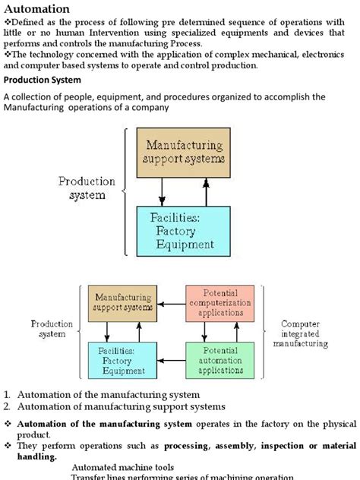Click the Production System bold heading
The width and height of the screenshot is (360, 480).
[x=43, y=81]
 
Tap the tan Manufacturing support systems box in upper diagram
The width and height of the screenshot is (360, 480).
[x=186, y=152]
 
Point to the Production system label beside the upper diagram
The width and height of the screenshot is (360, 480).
[x=87, y=188]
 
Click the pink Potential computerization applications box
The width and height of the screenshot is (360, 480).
[x=221, y=302]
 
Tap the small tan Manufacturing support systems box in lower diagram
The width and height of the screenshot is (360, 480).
[x=122, y=302]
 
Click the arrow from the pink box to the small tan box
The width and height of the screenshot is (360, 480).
[x=170, y=308]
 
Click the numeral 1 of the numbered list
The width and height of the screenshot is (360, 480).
[x=7, y=395]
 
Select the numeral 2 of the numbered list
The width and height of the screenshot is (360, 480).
[x=7, y=406]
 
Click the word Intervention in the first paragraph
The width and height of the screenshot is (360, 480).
[x=126, y=34]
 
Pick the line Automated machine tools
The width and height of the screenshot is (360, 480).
[x=123, y=468]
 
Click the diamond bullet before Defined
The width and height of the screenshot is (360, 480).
[x=8, y=23]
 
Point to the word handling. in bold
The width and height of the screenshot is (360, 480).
[x=32, y=457]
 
